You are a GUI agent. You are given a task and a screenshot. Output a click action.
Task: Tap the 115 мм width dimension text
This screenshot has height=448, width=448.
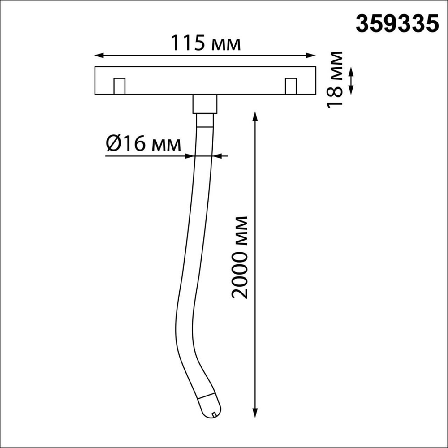tap(206, 43)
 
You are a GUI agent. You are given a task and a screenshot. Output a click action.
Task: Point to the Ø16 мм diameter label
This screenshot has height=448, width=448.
tap(144, 144)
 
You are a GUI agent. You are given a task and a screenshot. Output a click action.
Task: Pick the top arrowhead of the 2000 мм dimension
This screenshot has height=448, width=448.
tap(255, 116)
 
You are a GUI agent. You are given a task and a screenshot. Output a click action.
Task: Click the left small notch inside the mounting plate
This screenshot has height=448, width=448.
tap(119, 86)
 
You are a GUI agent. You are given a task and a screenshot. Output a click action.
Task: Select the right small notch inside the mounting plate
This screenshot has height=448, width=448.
tap(291, 86)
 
